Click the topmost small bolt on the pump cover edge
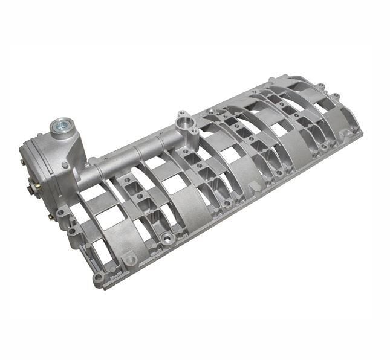[22, 162]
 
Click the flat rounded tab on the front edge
[129, 259]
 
